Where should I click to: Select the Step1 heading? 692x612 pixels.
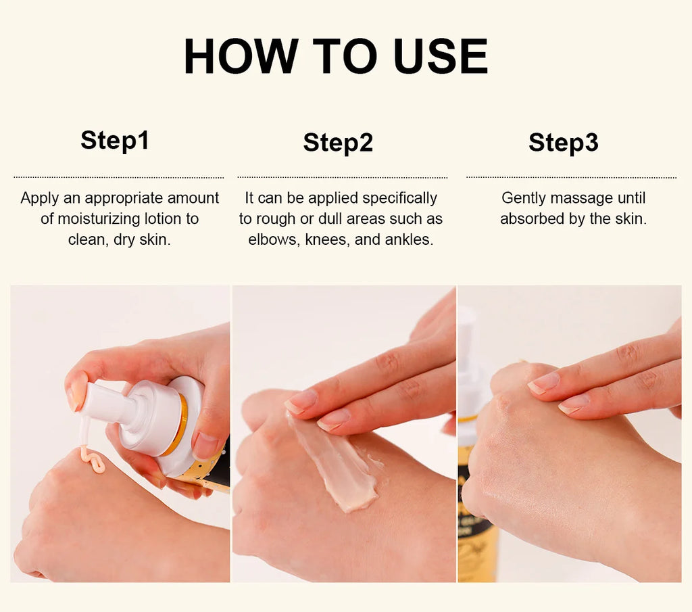[x=115, y=141]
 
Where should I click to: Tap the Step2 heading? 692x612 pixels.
[x=338, y=143]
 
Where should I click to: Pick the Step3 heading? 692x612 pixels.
[x=564, y=143]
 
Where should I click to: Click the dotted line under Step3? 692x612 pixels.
[x=571, y=177]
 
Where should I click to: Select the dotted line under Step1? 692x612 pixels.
[x=119, y=177]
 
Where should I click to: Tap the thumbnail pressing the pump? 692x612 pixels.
[x=76, y=394]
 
